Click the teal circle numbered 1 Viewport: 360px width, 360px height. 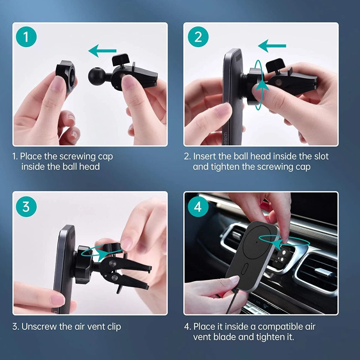(x=26, y=37)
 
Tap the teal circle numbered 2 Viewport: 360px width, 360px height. (x=198, y=37)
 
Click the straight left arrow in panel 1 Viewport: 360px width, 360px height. (x=102, y=51)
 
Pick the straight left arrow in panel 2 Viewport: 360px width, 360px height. (x=272, y=46)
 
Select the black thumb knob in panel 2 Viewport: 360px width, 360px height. (x=274, y=64)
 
